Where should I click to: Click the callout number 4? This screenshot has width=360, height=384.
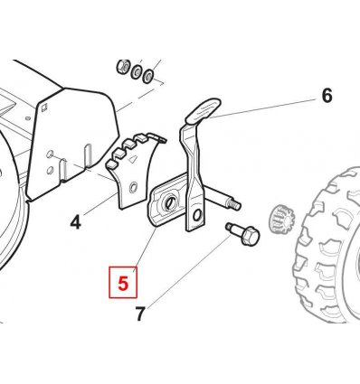pos(75,223)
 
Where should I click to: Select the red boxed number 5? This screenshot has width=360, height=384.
pos(123,283)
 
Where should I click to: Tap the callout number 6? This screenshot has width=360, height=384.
pos(327,96)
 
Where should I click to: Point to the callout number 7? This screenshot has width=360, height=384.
pos(140,314)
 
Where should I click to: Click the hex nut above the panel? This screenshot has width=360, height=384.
pos(123,67)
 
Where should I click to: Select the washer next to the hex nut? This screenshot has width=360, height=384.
pos(136,71)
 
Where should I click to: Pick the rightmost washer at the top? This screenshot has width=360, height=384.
pos(148,76)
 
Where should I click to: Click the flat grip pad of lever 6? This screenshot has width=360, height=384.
pos(203,111)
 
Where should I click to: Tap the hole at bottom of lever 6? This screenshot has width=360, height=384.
pos(197,215)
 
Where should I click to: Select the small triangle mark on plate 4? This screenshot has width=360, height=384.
pos(131,159)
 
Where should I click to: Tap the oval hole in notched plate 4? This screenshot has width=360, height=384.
pos(133,187)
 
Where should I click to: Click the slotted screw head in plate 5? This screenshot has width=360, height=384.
pos(169,204)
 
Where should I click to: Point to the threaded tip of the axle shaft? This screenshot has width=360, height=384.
pos(235,205)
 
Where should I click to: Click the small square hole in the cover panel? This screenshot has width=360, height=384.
pos(44,108)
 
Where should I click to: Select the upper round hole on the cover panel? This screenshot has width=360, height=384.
pos(50,154)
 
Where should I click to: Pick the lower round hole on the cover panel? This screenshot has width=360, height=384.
pos(50,170)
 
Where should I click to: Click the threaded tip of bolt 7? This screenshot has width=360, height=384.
pos(229,225)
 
